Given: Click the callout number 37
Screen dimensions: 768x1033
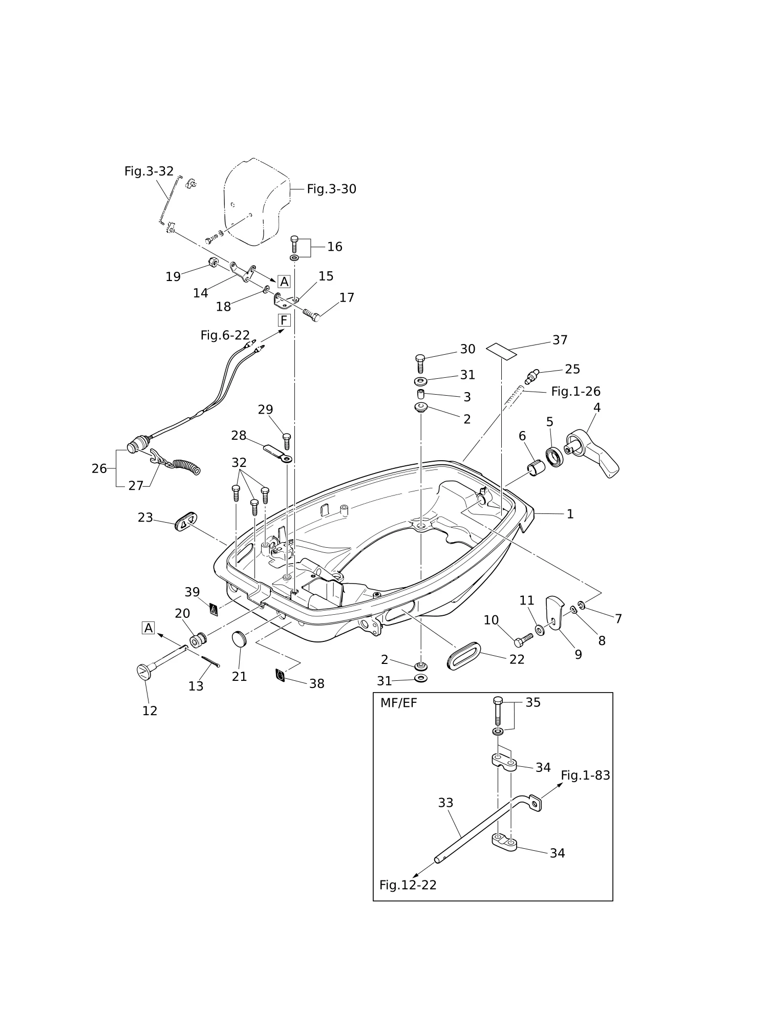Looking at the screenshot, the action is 560,340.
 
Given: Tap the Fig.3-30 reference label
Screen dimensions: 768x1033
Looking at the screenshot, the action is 331,189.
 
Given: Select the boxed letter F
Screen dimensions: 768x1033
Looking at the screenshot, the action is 284,320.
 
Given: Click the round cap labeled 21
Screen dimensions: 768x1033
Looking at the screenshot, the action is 239,639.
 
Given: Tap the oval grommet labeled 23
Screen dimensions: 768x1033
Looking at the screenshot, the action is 186,521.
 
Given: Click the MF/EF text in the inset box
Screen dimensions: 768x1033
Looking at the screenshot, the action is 398,703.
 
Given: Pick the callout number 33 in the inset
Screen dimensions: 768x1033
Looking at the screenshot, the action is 445,803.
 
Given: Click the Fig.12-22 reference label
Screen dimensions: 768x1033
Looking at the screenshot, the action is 408,885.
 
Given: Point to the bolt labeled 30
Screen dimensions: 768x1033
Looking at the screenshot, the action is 420,363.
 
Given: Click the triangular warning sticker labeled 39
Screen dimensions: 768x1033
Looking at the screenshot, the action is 214,609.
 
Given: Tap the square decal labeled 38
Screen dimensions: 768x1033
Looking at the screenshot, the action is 280,675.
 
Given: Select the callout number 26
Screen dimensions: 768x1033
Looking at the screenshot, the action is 99,468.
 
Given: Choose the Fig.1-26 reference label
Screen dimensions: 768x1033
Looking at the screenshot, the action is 575,391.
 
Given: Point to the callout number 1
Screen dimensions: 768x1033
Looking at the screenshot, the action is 570,514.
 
